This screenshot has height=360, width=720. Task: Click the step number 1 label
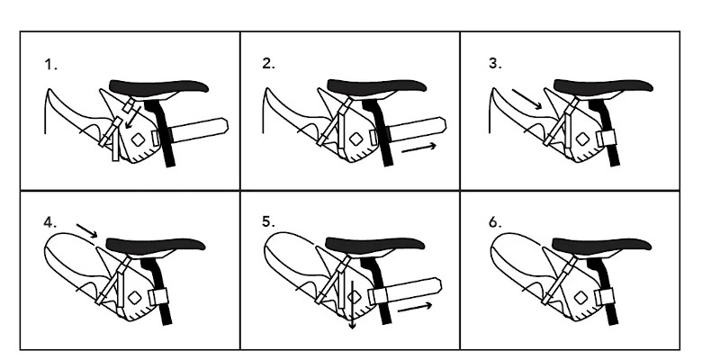pos(50,65)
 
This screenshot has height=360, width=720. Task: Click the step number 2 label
pos(268,63)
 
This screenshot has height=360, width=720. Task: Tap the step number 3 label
pos(495,63)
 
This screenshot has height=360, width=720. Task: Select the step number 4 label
pos(50,222)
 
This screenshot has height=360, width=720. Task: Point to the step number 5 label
pos(268,221)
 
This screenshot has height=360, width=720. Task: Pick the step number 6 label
pos(495,222)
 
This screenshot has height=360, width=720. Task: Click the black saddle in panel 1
pos(159,86)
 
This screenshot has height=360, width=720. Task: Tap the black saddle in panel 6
pos(601,244)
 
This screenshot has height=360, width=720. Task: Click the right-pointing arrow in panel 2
pos(418,148)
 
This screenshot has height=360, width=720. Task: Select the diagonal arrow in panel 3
pos(527,99)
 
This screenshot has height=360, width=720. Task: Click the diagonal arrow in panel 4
pos(86,231)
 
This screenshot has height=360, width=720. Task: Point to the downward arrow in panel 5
pos(352,305)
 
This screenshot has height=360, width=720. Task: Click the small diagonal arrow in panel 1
pos(133,118)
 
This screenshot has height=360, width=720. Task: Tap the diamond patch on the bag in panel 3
pos(582,139)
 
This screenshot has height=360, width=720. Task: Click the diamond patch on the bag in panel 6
pos(580,298)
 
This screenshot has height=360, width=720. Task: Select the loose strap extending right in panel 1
pos(199,130)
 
